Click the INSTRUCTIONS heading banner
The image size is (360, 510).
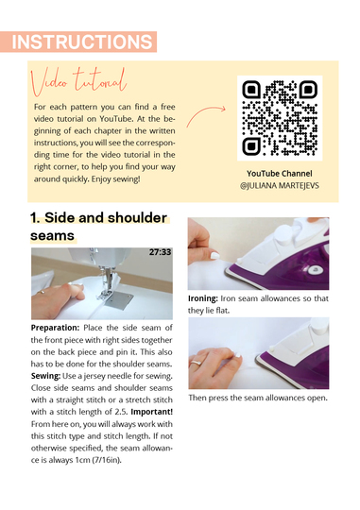point(78,42)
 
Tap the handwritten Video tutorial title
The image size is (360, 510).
point(78,81)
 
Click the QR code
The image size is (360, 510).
point(280,118)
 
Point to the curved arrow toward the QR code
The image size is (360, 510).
point(206,114)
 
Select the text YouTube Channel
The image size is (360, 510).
point(280,174)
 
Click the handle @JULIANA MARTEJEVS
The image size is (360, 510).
point(280,186)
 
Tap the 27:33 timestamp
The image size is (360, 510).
point(160,252)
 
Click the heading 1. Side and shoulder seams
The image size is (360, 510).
point(99,227)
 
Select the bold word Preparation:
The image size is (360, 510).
point(55,328)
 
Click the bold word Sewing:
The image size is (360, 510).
point(45,376)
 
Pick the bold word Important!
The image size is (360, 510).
point(152,412)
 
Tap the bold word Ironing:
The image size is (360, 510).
point(203,298)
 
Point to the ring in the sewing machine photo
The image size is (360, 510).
point(42,292)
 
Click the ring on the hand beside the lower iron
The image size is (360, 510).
point(196,363)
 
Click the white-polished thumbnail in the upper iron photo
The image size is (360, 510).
point(214,256)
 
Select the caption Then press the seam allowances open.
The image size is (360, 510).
point(258,398)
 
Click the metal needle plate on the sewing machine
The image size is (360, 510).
point(119,300)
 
